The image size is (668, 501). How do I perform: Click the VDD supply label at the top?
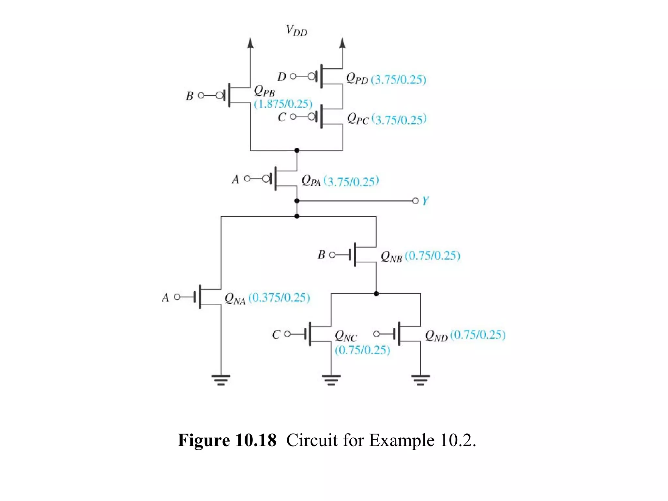coord(296,31)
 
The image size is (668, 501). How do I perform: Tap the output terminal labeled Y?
coord(415,201)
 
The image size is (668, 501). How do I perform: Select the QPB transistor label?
coord(264,91)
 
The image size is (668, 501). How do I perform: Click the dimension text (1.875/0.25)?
coord(283,104)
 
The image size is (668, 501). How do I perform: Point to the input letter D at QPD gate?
coord(281,77)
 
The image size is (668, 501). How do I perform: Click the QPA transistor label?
coord(311,181)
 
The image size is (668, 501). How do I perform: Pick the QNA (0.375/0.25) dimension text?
coord(279,297)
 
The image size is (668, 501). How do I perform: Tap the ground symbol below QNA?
coord(221,380)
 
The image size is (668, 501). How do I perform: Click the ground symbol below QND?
coord(420,380)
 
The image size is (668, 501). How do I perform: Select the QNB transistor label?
coord(391,257)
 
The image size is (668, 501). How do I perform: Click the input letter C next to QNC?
coord(276,335)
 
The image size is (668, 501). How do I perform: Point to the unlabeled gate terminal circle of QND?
coord(376,334)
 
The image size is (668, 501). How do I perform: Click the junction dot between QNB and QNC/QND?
coord(376,294)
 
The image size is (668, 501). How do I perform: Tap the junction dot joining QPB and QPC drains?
coord(296,150)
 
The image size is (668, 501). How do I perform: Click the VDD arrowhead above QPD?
coord(342,43)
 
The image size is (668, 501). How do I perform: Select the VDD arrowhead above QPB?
coord(250,43)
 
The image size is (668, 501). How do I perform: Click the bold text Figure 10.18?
coord(227,440)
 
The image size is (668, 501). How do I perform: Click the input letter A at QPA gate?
coord(235,179)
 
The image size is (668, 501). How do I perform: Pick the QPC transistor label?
coord(357,119)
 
